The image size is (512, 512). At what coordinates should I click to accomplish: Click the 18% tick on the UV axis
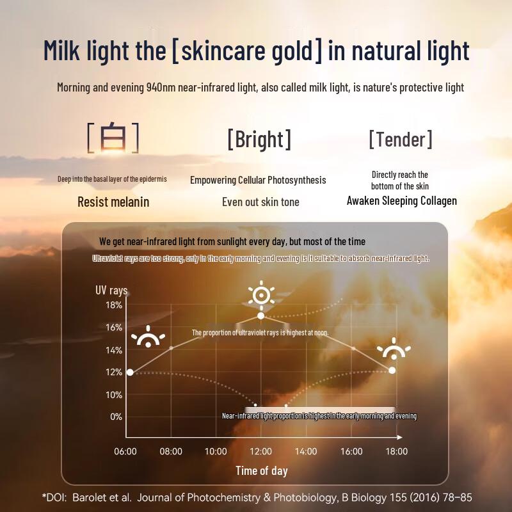(113, 305)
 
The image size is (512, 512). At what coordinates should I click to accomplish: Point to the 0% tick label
(115, 417)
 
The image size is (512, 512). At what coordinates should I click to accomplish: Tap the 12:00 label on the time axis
(260, 451)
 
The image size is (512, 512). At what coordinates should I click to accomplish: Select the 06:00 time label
(125, 451)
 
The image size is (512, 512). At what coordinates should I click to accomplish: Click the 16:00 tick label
(351, 451)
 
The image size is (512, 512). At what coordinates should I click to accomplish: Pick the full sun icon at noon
(260, 295)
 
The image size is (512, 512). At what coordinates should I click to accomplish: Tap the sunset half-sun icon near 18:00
(394, 349)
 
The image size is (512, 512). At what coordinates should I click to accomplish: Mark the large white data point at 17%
(260, 316)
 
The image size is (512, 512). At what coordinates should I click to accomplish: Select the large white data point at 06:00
(130, 372)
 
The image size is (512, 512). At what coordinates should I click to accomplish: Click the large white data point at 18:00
(392, 370)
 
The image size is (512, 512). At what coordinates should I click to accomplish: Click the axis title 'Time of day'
(261, 471)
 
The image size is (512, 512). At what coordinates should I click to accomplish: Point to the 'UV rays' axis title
(111, 290)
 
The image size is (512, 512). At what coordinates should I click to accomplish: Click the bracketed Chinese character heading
(113, 138)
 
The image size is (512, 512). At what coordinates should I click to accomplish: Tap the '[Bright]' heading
(259, 139)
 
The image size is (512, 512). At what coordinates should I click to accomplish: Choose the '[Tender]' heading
(400, 139)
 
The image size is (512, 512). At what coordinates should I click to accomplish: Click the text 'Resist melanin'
(113, 202)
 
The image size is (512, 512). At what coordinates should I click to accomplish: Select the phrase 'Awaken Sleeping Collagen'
(401, 201)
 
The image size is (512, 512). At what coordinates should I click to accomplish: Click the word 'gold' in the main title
(290, 51)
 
